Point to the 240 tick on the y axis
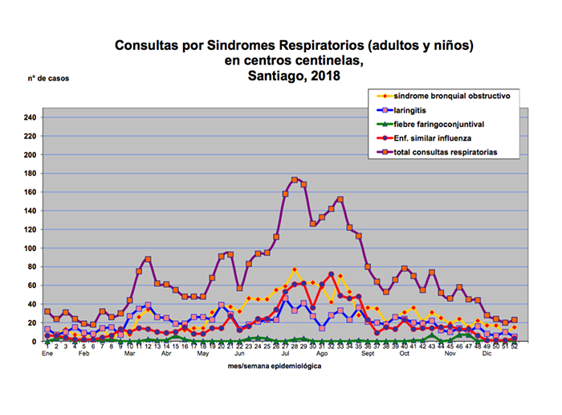point(30,117)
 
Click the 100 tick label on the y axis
point(30,248)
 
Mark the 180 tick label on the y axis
point(30,173)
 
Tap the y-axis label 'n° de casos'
point(51,79)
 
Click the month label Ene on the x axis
point(47,354)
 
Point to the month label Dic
point(487,354)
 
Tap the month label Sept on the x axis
point(368,354)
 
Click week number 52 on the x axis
point(515,347)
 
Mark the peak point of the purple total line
point(295,179)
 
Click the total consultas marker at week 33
point(340,199)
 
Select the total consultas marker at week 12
point(148,259)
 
